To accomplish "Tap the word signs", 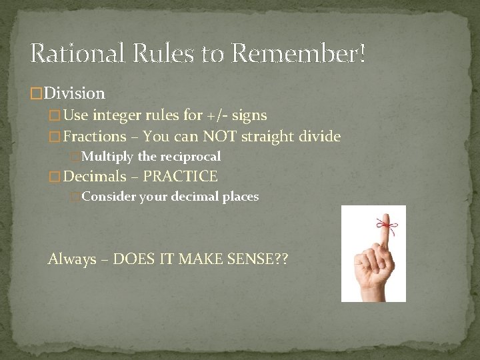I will coord(249,115).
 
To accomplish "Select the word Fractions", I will coord(95,137).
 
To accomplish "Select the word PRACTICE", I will coord(180,177).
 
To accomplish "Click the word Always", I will coord(71,259).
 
